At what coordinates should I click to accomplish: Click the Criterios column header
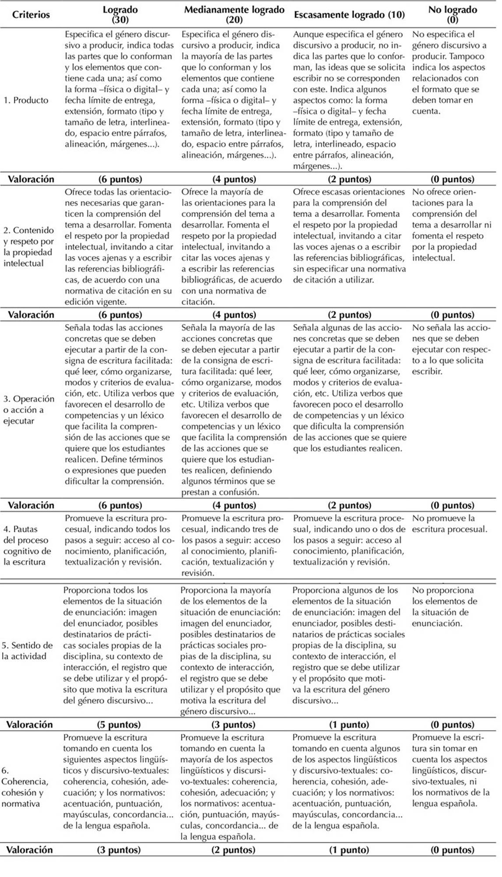click(x=31, y=14)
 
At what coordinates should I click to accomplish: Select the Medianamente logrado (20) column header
click(x=234, y=14)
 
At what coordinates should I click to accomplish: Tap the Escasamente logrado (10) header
click(x=349, y=14)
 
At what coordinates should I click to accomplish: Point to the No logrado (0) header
click(x=453, y=14)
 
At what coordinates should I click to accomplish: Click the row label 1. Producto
click(x=26, y=100)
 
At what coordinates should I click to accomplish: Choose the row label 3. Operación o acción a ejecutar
click(x=29, y=410)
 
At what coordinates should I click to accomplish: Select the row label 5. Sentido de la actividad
click(x=27, y=651)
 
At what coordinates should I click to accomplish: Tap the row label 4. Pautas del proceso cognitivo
click(x=27, y=546)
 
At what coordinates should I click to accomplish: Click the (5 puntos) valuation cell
click(x=119, y=725)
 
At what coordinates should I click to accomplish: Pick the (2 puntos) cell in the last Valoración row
click(x=233, y=850)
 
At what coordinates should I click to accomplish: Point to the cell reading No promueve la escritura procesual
click(x=449, y=524)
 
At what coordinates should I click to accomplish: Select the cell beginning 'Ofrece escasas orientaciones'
click(x=349, y=236)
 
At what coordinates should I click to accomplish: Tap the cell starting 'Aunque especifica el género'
click(x=349, y=100)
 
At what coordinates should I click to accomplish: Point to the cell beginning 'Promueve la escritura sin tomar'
click(x=451, y=771)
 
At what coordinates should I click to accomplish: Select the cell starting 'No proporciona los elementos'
click(x=445, y=607)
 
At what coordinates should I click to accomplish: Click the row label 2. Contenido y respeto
click(x=28, y=247)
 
